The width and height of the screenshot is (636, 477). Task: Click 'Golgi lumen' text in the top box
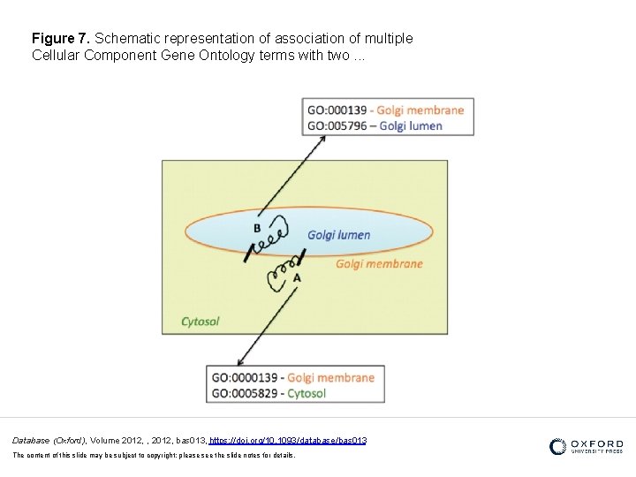(412, 125)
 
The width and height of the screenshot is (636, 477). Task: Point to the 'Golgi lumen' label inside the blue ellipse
(338, 235)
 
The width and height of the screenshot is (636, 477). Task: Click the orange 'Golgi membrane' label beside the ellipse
(379, 263)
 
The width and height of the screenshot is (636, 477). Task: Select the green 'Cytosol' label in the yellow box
(200, 322)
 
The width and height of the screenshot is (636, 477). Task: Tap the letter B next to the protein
(257, 228)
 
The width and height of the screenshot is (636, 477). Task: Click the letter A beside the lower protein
(297, 277)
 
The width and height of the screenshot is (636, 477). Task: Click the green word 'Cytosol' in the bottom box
(307, 393)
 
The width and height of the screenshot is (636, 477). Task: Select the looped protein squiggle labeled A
(283, 273)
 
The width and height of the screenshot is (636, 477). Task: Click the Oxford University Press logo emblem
(557, 447)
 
